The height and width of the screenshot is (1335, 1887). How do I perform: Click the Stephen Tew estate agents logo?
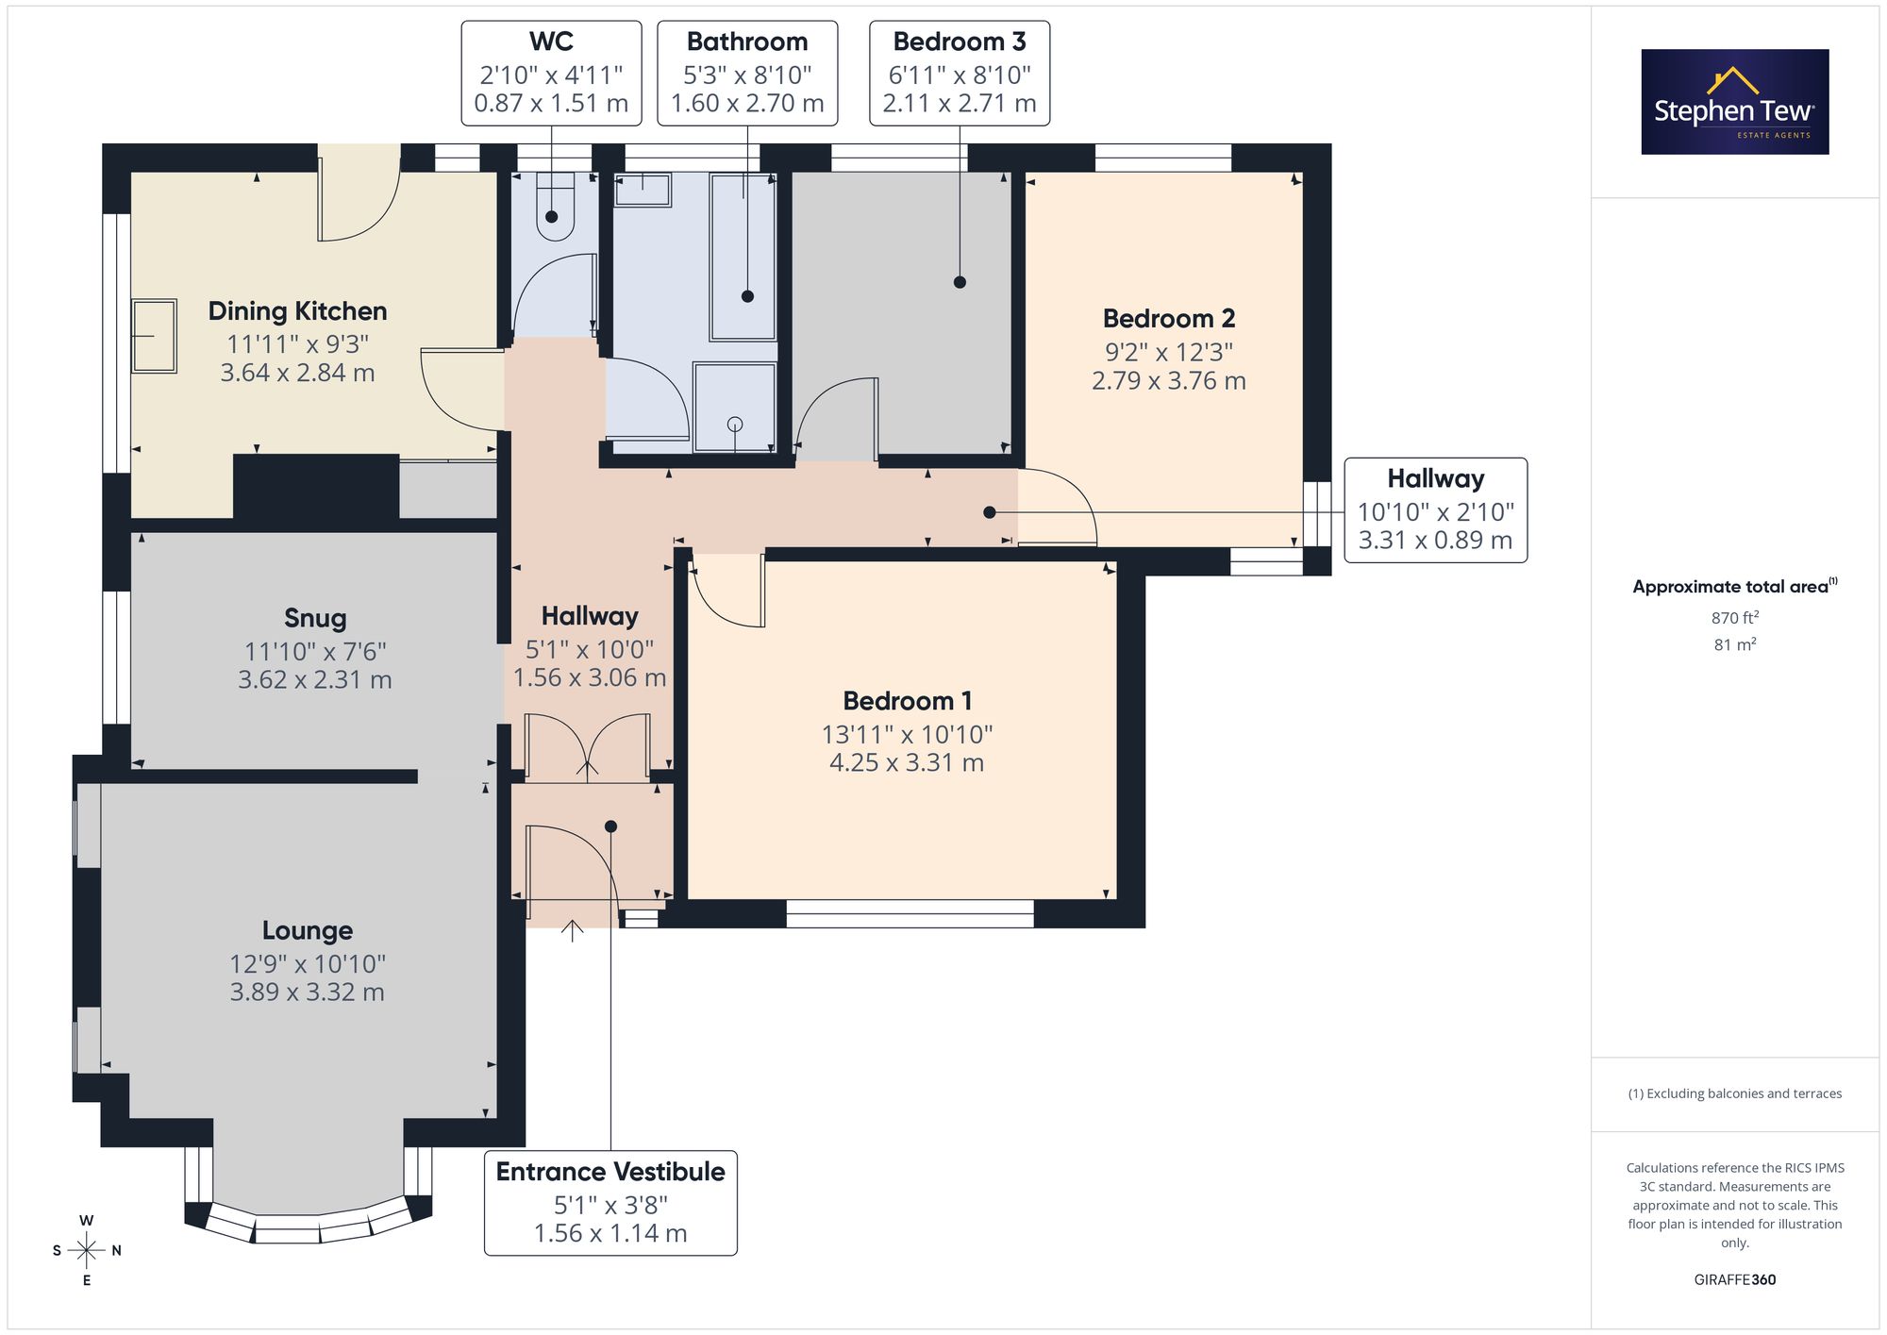pyautogui.click(x=1734, y=102)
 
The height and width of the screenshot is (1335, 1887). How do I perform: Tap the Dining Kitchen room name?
pyautogui.click(x=297, y=311)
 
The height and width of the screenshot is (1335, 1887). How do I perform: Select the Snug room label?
pyautogui.click(x=315, y=618)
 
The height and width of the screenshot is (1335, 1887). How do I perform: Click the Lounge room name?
pyautogui.click(x=307, y=930)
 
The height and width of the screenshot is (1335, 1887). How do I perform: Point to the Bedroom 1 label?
pyautogui.click(x=907, y=701)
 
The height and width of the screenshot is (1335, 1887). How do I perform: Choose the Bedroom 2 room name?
pyautogui.click(x=1168, y=319)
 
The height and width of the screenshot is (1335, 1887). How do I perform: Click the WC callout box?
pyautogui.click(x=551, y=74)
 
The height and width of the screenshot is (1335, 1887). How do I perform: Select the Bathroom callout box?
pyautogui.click(x=747, y=74)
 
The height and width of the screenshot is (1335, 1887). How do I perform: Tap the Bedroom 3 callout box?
pyautogui.click(x=960, y=74)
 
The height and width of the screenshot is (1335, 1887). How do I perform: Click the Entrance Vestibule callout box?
pyautogui.click(x=610, y=1203)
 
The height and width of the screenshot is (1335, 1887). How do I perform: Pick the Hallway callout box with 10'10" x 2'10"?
pyautogui.click(x=1435, y=510)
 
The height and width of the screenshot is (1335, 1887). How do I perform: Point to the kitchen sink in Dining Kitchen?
pyautogui.click(x=154, y=336)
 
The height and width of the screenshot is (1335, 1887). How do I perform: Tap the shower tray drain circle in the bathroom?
pyautogui.click(x=735, y=425)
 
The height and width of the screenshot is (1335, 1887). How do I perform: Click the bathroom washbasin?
pyautogui.click(x=643, y=190)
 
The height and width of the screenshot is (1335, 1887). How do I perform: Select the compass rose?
pyautogui.click(x=86, y=1251)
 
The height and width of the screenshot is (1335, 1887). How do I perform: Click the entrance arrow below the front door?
pyautogui.click(x=572, y=930)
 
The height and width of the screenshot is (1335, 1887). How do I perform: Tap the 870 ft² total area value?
pyautogui.click(x=1734, y=618)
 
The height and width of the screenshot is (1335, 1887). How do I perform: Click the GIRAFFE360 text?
pyautogui.click(x=1734, y=1280)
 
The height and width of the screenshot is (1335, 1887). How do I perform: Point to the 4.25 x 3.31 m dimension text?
pyautogui.click(x=907, y=762)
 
